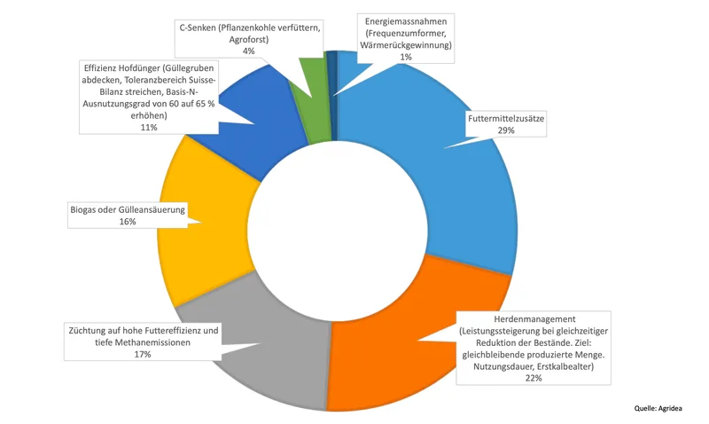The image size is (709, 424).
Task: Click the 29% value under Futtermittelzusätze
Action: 506,130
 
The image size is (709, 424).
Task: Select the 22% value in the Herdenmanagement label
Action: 534,378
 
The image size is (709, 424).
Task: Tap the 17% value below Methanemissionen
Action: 143,354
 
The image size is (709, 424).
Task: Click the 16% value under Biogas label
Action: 128,222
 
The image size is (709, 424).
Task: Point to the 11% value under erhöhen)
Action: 149,128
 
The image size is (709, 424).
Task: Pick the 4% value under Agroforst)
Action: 249,51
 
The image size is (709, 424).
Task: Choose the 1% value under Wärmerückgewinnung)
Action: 406,57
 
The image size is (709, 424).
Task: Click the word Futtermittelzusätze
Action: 506,119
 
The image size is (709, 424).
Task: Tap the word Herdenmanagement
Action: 534,319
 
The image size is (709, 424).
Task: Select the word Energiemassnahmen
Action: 406,21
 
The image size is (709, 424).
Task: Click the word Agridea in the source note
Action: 670,408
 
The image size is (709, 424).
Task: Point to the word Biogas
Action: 81,210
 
